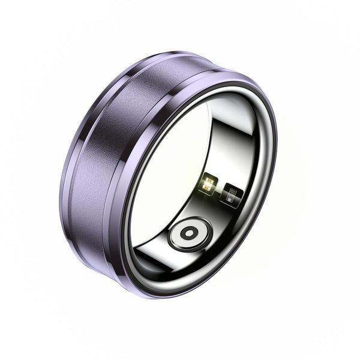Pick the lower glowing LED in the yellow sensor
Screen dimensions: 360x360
[207, 187]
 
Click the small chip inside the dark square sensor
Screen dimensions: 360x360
[232, 194]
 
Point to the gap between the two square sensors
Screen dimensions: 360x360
[220, 189]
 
